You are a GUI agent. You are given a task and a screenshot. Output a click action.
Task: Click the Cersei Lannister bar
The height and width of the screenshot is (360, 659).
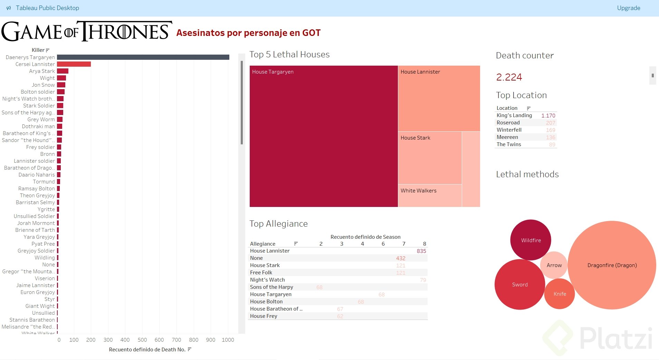(x=74, y=64)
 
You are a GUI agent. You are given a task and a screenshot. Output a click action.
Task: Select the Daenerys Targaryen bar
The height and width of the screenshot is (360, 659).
(x=143, y=57)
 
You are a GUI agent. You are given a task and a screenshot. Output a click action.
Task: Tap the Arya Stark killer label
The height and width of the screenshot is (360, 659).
(x=42, y=71)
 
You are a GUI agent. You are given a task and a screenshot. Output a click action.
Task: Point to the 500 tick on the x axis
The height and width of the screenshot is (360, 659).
(x=142, y=340)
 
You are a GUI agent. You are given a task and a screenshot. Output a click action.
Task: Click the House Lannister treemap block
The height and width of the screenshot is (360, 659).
(x=439, y=98)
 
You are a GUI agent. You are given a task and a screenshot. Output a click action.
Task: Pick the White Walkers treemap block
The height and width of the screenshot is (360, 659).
(x=430, y=196)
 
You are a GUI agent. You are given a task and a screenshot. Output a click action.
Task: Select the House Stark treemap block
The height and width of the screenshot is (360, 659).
(x=430, y=158)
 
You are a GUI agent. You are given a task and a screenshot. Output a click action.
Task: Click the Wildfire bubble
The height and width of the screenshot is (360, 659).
(x=531, y=240)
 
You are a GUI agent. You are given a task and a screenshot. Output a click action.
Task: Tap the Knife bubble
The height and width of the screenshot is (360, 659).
(x=560, y=294)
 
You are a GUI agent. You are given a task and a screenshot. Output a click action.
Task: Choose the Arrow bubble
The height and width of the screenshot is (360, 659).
(x=554, y=265)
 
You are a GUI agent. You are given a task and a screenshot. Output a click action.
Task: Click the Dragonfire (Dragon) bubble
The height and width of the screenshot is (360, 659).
(x=612, y=265)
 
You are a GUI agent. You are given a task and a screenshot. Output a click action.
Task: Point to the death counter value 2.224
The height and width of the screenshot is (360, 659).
(x=509, y=77)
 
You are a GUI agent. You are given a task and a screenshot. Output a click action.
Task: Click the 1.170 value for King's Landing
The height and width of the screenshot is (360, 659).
(x=548, y=116)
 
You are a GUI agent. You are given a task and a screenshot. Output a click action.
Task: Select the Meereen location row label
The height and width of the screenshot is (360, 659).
(x=507, y=137)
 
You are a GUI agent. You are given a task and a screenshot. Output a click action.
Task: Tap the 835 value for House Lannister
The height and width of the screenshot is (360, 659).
(x=421, y=251)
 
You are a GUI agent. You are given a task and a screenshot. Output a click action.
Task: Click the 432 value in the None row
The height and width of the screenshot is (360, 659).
(x=401, y=258)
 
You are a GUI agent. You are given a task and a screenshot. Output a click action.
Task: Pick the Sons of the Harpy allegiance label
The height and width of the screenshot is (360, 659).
(x=271, y=287)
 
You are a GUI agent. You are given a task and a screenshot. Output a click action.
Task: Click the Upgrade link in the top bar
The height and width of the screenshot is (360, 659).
(x=628, y=8)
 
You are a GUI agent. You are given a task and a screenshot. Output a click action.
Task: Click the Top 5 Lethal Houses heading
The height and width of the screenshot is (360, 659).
(x=289, y=55)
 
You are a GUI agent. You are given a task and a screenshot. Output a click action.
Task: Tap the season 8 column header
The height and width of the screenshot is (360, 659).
(x=424, y=244)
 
